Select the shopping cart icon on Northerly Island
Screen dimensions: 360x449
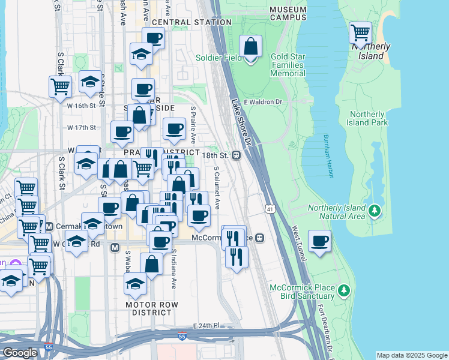(360, 32)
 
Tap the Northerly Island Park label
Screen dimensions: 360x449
(367, 118)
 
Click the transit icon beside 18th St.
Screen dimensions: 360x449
(237, 155)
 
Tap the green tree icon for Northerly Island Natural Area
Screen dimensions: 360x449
(375, 210)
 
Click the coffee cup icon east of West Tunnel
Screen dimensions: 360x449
(320, 241)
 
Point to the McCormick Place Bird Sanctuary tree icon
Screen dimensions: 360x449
(343, 291)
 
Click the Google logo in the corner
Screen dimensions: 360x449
(20, 353)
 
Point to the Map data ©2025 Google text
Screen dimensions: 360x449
(411, 355)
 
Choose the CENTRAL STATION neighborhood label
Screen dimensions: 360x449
(191, 22)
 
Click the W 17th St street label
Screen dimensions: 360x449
(82, 128)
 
